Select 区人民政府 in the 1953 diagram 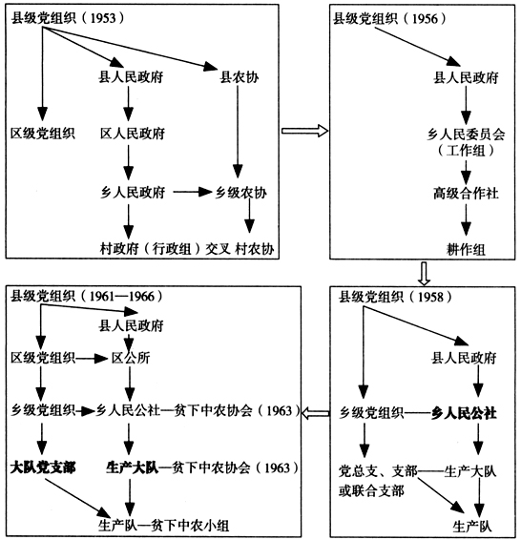pyautogui.click(x=133, y=133)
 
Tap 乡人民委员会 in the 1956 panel pyautogui.click(x=465, y=135)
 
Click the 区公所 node pyautogui.click(x=133, y=359)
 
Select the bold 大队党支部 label pyautogui.click(x=42, y=467)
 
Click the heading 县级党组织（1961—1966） pyautogui.click(x=81, y=297)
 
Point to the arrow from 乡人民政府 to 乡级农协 pyautogui.click(x=192, y=192)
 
